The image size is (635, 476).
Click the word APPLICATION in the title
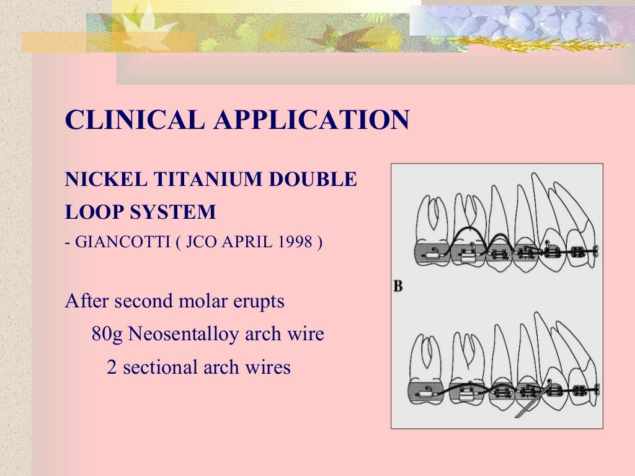311,120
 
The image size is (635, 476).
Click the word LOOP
94,213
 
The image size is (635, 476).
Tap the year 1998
295,242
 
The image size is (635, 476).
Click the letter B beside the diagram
398,286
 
